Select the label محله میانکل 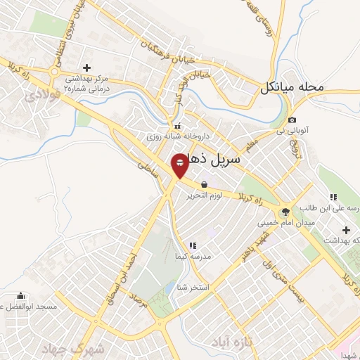click(292, 88)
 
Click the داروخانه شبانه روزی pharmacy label click(169, 137)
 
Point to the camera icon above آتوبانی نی click(292, 120)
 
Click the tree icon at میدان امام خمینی click(285, 211)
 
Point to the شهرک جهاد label click(97, 349)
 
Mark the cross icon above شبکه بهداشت click(346, 229)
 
